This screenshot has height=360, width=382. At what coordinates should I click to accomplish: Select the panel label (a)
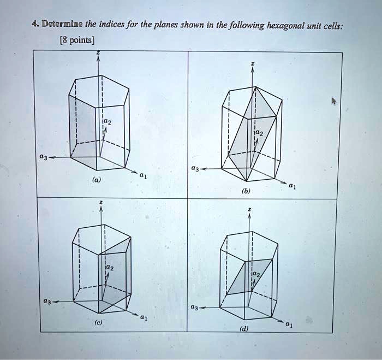point(97,179)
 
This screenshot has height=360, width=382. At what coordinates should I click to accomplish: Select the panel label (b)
point(247,192)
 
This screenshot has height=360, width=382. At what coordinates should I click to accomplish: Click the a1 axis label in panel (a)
point(143,175)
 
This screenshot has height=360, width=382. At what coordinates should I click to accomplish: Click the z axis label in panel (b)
point(252,64)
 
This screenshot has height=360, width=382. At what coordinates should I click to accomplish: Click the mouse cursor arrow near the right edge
point(334,102)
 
